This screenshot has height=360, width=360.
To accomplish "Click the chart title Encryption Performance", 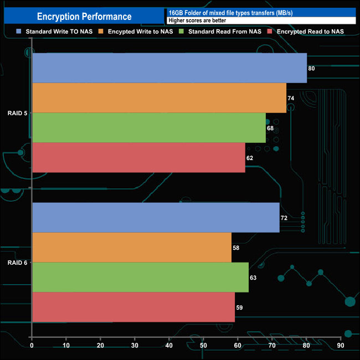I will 84,17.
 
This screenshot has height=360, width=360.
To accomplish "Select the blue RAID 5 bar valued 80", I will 169,68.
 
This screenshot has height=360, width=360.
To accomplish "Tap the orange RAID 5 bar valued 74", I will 159,98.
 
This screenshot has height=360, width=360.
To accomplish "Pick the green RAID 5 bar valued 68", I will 149,128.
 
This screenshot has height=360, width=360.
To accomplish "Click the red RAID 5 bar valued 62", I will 138,158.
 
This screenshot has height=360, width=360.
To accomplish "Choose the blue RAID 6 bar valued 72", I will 156,218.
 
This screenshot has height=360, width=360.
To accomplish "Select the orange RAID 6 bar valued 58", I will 132,248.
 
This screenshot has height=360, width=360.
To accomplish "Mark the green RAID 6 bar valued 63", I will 140,277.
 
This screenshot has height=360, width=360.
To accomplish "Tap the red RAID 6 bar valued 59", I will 133,307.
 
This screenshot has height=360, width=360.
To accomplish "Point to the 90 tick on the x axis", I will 340,346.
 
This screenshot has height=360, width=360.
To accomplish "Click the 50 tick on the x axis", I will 203,346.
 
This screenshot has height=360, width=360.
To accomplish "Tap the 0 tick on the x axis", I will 32,346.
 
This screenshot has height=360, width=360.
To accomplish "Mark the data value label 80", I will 311,69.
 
